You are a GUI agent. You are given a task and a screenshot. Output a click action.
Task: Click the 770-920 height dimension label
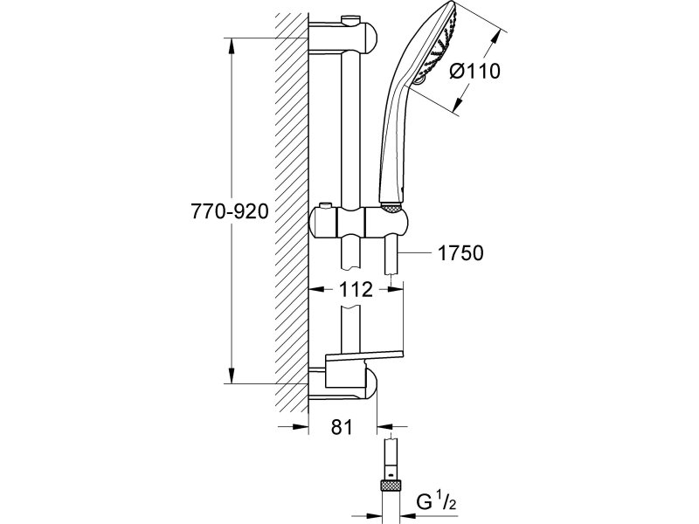(x=230, y=210)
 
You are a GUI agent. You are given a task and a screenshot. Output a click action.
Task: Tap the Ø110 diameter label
(x=474, y=71)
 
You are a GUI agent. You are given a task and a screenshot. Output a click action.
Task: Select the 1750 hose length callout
(x=460, y=253)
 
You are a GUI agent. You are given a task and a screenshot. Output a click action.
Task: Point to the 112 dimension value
(x=356, y=290)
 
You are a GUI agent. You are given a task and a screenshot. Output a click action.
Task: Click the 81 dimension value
(x=342, y=427)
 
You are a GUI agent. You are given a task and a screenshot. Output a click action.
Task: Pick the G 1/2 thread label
(x=436, y=503)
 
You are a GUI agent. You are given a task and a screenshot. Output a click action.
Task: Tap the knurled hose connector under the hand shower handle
(x=391, y=207)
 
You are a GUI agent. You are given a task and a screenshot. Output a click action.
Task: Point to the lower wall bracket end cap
(x=371, y=383)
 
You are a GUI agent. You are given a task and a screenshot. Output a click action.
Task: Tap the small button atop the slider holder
(x=325, y=206)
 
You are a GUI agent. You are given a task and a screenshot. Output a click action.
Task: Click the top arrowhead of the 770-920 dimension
(x=231, y=46)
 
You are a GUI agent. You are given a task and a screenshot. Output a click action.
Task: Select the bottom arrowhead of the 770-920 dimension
(x=231, y=376)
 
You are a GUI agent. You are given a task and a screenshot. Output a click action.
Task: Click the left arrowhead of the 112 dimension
(x=317, y=290)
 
